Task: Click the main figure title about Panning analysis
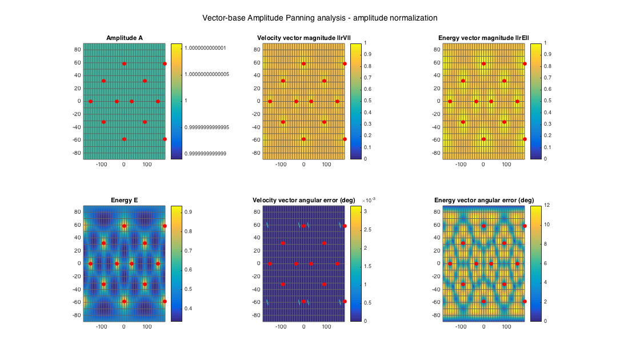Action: coord(319,18)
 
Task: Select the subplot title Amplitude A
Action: coord(124,38)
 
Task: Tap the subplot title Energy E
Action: coord(124,200)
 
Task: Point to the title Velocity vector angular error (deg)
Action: coord(303,200)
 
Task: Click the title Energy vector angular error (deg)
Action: coord(483,200)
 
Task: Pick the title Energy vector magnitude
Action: coord(483,38)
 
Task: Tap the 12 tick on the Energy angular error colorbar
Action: coord(547,205)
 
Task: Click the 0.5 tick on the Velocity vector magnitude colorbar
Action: coord(366,101)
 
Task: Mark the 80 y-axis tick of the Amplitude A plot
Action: coord(77,49)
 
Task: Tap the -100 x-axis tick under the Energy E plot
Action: coord(102,327)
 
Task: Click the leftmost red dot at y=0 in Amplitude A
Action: coord(90,101)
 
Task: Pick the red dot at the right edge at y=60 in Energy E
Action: coord(165,226)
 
